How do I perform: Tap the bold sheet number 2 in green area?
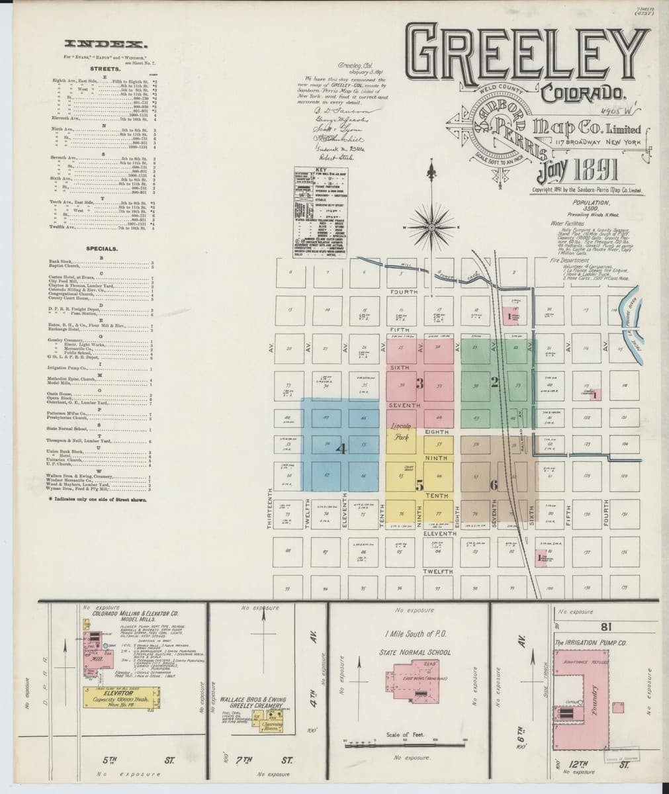[x=494, y=381]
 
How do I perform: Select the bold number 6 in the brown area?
[x=493, y=486]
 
